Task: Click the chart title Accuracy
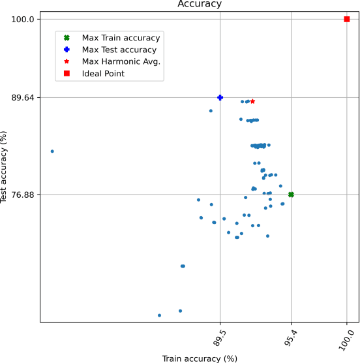(200, 4)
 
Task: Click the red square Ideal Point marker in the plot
(347, 19)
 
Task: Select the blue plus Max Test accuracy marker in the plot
(220, 97)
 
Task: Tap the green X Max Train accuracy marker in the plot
(291, 195)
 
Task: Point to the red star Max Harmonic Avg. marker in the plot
(252, 101)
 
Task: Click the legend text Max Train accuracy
(121, 38)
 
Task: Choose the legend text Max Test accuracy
(119, 50)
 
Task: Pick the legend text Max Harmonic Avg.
(121, 61)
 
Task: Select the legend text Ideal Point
(103, 74)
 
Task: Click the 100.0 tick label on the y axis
(22, 20)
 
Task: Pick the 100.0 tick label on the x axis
(348, 341)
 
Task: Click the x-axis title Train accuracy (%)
(200, 358)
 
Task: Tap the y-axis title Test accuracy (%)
(6, 167)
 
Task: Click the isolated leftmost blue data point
(52, 151)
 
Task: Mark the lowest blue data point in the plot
(159, 315)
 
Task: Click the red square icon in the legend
(67, 74)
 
